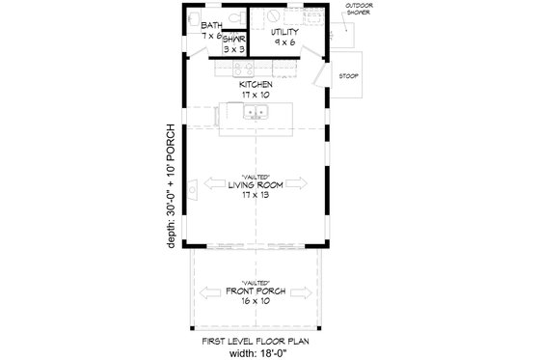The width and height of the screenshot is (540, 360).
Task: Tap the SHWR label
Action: (x=233, y=40)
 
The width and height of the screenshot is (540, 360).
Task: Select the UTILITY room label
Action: (x=283, y=32)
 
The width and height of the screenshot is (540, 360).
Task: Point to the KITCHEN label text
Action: (x=256, y=84)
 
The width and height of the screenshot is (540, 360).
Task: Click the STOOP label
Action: (x=348, y=74)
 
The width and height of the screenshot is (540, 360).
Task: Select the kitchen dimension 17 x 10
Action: (x=256, y=95)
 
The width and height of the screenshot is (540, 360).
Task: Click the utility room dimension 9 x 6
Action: (x=283, y=42)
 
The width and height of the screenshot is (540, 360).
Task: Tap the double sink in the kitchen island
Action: (x=256, y=114)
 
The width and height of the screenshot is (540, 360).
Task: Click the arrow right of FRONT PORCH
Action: (x=305, y=292)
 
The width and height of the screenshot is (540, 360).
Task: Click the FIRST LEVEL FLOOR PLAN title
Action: (x=256, y=340)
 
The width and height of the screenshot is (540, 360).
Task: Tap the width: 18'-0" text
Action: (x=256, y=351)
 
